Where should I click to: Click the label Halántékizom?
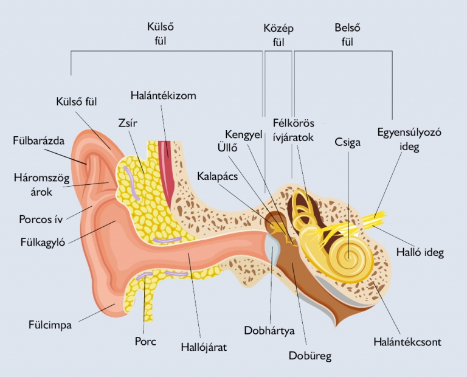(163, 95)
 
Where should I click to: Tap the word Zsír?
(128, 123)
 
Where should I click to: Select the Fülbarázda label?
(39, 140)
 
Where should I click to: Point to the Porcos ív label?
(41, 220)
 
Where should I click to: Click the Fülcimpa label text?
(50, 325)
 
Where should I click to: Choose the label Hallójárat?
(204, 347)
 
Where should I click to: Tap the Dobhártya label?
(269, 331)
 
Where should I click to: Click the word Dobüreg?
(310, 356)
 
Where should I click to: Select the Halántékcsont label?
(407, 342)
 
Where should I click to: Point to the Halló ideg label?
(420, 252)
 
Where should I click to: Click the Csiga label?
(347, 142)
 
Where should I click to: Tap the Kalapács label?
(218, 176)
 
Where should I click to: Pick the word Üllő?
(227, 148)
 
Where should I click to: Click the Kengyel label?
(244, 134)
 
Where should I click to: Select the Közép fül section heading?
(278, 35)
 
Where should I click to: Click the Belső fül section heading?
(347, 35)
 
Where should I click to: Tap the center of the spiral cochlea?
(348, 255)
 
